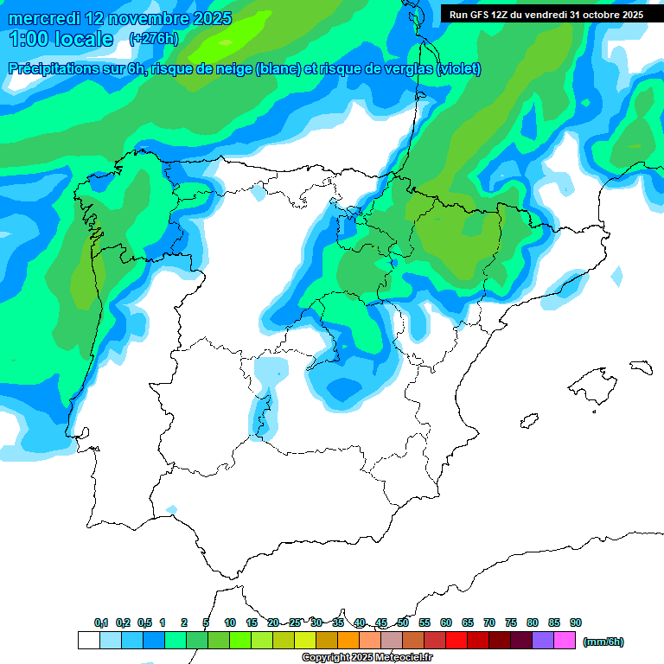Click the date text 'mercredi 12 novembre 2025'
point(120,18)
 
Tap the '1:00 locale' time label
point(61,39)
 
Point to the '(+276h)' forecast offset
point(153,39)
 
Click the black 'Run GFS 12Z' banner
point(546,15)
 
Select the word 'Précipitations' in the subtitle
point(49,69)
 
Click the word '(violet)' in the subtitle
point(459,69)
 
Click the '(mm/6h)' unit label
point(603,642)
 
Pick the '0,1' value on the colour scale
point(101,622)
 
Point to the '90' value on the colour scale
point(576,622)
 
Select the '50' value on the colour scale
point(403,622)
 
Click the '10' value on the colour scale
point(230,622)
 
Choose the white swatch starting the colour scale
point(88,641)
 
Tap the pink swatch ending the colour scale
point(565,641)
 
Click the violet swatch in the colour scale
point(543,641)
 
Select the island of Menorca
point(641,367)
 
